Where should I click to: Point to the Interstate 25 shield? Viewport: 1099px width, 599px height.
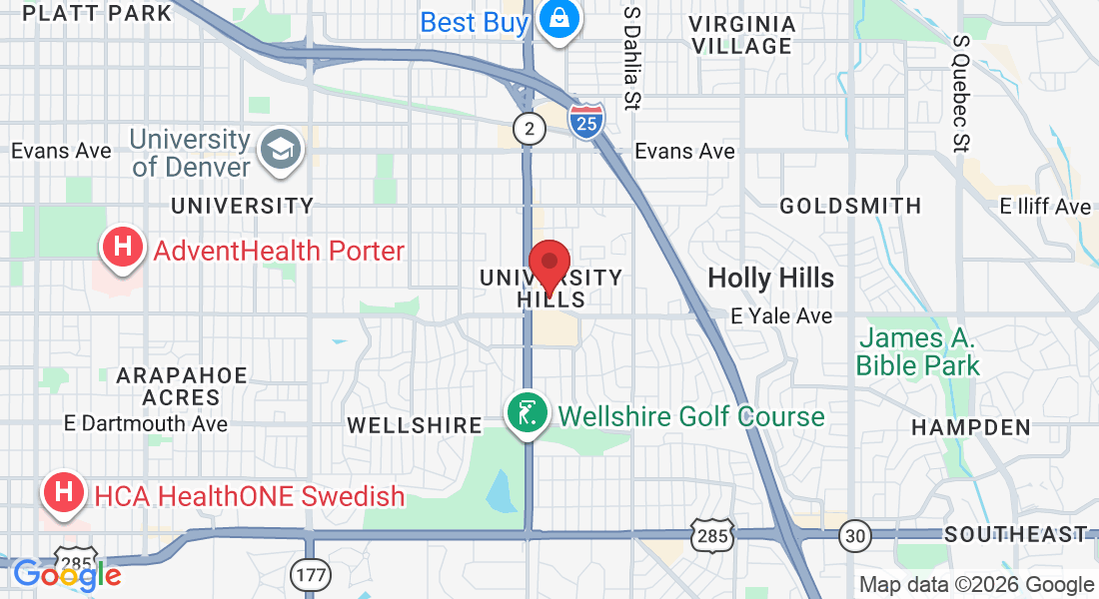pos(586,120)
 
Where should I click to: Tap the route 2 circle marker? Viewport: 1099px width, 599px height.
pos(530,127)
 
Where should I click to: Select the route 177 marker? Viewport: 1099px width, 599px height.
pos(306,573)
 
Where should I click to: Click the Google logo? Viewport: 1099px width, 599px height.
pos(67,575)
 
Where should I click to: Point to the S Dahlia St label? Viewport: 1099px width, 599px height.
pos(631,57)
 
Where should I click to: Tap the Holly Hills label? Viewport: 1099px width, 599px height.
pos(770,278)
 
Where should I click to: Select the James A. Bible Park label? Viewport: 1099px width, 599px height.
pos(917,351)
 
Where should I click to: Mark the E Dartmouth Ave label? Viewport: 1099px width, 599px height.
pos(145,423)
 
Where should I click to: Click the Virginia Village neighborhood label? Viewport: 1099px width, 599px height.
pos(741,35)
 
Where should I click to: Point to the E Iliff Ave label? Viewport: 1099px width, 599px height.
pos(1046,207)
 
